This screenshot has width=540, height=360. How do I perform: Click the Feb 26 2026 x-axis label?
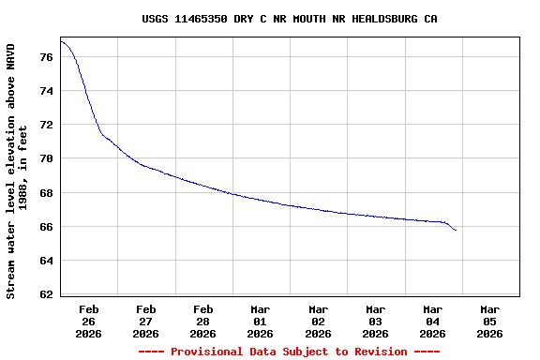click(x=89, y=321)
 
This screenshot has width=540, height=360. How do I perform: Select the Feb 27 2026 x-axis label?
click(x=146, y=321)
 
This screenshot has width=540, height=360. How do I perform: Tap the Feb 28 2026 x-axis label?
click(x=203, y=321)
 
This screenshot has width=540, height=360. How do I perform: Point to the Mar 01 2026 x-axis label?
click(x=261, y=321)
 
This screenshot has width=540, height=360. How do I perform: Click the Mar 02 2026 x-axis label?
click(x=318, y=321)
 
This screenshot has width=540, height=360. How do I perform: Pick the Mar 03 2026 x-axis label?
click(x=375, y=321)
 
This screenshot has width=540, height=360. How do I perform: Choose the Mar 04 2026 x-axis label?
click(x=432, y=321)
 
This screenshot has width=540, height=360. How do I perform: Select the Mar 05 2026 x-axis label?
click(x=489, y=321)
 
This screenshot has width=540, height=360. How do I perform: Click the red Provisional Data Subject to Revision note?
click(x=289, y=352)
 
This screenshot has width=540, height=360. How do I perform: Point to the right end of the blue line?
click(x=456, y=231)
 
